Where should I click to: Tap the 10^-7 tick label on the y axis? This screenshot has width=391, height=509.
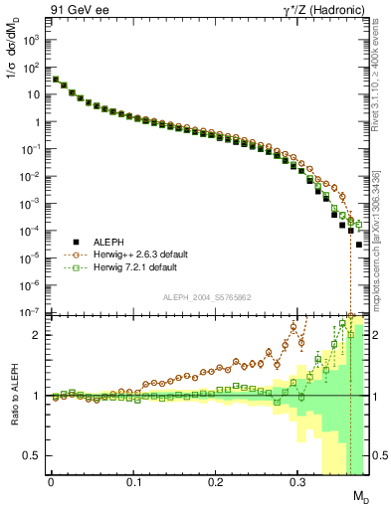coord(30,312)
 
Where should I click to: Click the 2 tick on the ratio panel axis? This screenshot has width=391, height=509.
coord(39,335)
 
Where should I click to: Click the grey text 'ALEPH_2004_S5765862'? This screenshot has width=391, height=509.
coord(209,297)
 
